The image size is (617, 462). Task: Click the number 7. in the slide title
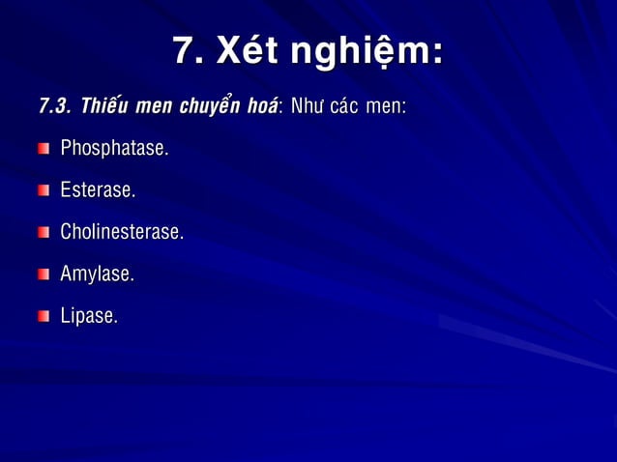click(189, 51)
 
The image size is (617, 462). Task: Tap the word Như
click(306, 105)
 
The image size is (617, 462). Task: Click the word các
click(346, 105)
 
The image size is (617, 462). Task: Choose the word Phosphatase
click(114, 150)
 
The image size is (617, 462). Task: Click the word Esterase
click(98, 191)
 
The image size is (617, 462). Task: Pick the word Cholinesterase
click(122, 233)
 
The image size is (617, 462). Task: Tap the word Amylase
click(97, 275)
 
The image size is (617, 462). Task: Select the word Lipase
click(89, 317)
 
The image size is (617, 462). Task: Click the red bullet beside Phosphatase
click(44, 150)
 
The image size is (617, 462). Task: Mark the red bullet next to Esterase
click(44, 191)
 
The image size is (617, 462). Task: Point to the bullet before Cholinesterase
click(44, 233)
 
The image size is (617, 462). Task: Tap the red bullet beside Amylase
click(44, 275)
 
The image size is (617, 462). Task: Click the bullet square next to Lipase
click(44, 317)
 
